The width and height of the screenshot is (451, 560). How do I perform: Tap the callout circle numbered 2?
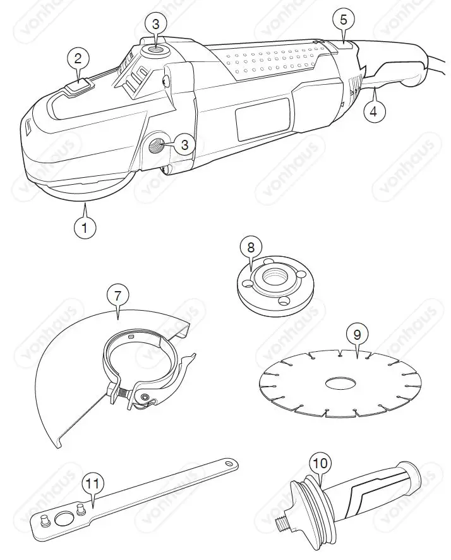pyautogui.click(x=78, y=59)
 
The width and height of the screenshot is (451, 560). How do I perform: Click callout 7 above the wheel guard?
pyautogui.click(x=117, y=295)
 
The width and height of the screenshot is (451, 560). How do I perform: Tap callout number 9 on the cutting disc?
pyautogui.click(x=358, y=333)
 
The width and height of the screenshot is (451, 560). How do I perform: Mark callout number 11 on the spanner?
pyautogui.click(x=93, y=484)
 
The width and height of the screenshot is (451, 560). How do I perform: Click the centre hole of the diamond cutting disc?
pyautogui.click(x=340, y=383)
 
